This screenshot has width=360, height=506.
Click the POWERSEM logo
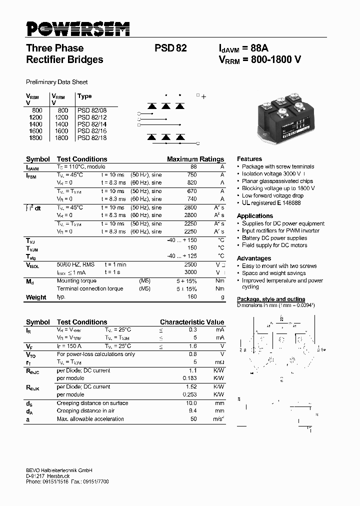(78, 29)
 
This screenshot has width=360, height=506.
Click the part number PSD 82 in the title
(171, 48)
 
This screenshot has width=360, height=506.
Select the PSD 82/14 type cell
(92, 124)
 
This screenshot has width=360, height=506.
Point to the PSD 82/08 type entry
(92, 110)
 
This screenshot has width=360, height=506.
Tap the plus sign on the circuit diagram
(203, 96)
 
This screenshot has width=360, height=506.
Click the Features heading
(249, 158)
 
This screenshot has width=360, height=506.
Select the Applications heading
(255, 216)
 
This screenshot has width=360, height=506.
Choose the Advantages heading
(254, 258)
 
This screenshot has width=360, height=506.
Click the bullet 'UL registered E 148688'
(271, 203)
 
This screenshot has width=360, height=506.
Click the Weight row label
(36, 297)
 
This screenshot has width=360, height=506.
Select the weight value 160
(192, 296)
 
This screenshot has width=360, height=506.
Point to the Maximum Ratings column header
(195, 159)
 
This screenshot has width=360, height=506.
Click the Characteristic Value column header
(192, 322)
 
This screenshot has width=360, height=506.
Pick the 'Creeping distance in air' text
(85, 411)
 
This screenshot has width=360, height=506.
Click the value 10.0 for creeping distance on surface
(190, 403)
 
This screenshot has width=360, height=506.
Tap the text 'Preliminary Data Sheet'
(56, 82)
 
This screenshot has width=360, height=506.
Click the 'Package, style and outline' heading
(270, 299)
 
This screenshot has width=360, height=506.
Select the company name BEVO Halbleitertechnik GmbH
(59, 470)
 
